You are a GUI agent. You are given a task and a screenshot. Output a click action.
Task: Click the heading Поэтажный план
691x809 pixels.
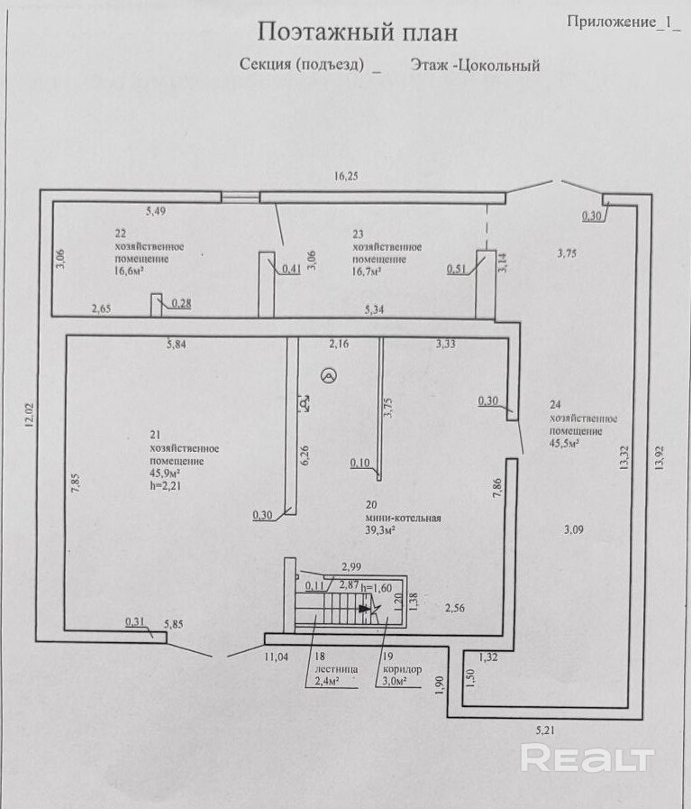357,32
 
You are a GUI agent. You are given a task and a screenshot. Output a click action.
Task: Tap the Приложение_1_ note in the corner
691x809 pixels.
624,22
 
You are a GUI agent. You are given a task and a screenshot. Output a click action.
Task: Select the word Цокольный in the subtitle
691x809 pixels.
499,66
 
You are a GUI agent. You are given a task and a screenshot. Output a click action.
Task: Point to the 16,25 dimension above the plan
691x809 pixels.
346,176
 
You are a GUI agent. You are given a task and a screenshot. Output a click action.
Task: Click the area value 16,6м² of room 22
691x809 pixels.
129,271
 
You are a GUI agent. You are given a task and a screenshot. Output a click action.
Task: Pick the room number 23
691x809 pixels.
359,234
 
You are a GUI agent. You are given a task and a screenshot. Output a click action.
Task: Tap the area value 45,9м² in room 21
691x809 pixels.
165,473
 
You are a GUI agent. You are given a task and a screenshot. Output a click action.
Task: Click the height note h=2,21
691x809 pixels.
166,485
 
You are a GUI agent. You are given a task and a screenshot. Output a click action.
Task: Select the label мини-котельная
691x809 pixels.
404,518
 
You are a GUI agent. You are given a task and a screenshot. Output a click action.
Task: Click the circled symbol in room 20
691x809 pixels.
329,377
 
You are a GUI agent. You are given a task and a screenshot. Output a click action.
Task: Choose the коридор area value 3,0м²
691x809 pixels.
395,681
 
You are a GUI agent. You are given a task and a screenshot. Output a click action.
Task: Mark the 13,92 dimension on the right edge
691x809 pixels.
660,458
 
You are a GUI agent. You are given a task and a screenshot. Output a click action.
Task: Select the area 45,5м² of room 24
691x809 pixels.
565,443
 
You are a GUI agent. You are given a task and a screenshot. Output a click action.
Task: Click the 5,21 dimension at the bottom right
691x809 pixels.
545,730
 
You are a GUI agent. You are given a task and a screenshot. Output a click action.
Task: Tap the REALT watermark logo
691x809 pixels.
586,758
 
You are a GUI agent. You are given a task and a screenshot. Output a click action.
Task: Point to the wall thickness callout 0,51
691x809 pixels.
457,269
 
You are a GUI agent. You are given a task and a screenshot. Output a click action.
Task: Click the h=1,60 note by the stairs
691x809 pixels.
377,588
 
